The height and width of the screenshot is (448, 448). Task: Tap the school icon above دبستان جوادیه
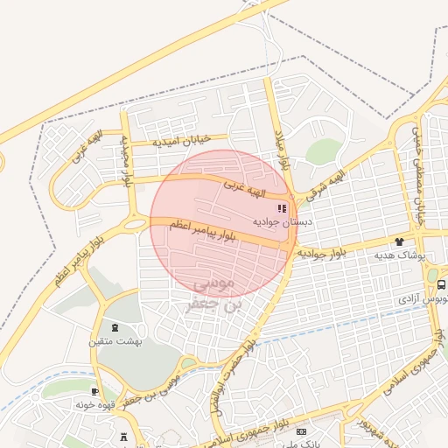point(282,208)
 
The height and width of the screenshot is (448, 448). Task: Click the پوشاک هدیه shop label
point(399,255)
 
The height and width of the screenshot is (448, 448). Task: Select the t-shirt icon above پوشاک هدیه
point(399,241)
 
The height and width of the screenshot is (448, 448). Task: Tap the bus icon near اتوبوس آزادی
point(441,284)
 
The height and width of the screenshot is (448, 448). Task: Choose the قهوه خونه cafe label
point(96,405)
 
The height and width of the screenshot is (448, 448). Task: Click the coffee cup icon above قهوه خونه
point(94,391)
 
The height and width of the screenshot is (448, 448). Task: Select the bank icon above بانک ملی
point(302,431)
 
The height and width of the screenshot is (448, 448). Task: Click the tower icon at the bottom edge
point(122,437)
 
